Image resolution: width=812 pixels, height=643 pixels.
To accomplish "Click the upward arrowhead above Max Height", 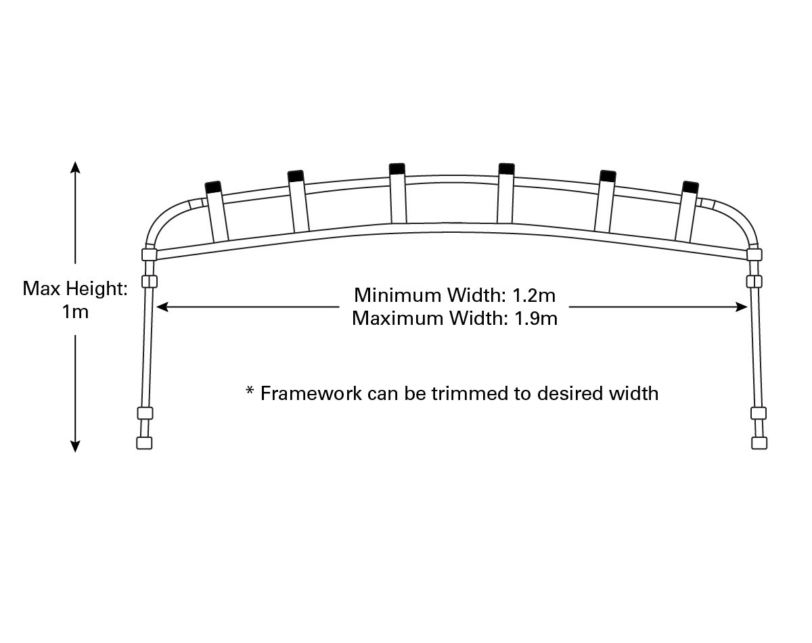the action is point(76,167).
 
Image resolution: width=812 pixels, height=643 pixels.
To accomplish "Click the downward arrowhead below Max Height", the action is point(76,446).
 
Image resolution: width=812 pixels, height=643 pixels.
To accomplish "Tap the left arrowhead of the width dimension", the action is point(162,307).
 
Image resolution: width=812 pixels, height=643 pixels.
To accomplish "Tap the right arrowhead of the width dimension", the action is point(742,307).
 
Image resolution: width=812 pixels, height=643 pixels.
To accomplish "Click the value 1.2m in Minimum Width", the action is point(534,295).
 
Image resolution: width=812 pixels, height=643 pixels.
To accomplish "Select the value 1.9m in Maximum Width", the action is point(536,319).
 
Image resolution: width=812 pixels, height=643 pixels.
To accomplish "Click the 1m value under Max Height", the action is point(76,312).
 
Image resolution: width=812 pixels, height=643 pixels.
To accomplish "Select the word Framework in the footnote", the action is point(311,393).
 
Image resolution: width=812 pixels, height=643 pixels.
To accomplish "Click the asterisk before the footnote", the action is point(250,390).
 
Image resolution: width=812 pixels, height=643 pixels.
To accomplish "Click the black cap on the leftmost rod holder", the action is point(213,187).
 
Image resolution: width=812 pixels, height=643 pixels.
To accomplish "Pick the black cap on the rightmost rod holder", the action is point(690,187).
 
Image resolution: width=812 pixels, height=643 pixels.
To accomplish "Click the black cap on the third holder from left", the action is point(397,169).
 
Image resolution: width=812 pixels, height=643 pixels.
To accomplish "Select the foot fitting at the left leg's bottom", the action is point(144,443).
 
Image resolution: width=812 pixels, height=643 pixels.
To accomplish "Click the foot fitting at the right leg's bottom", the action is point(759,443).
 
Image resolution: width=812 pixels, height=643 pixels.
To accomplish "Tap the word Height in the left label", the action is point(97,289).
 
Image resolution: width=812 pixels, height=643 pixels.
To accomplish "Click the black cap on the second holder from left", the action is point(296,176).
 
